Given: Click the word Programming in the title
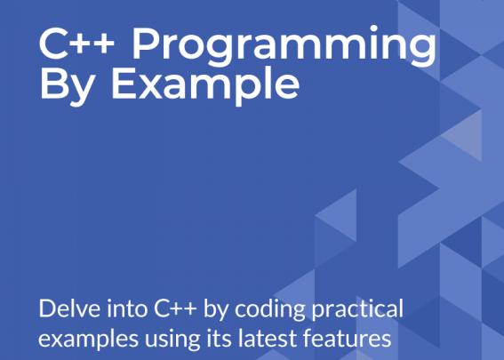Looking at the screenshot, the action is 284,46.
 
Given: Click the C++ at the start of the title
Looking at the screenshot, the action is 76,44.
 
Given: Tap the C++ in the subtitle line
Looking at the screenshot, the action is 175,308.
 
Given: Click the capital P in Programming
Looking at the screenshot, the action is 146,44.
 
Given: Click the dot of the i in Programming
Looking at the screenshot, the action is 373,28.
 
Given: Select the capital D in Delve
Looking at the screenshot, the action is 46,308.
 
